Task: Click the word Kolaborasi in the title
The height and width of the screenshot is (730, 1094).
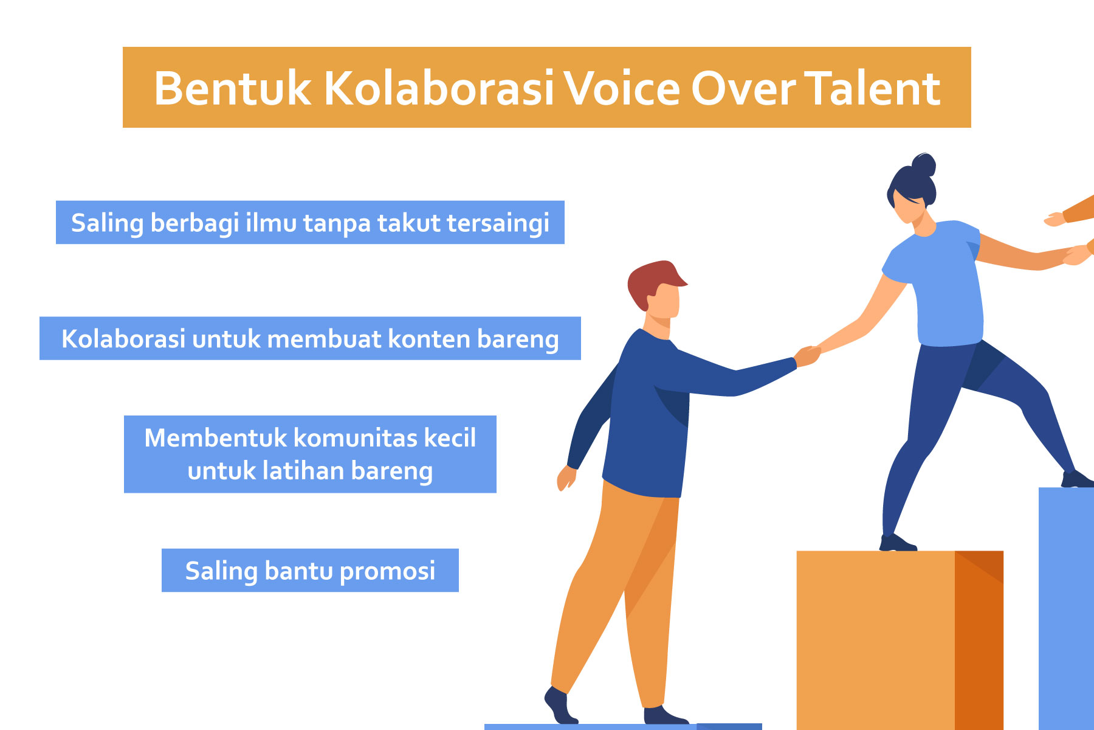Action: tap(439, 89)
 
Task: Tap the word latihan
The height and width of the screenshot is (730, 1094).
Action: tap(303, 471)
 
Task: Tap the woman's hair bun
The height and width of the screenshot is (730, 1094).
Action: tap(923, 164)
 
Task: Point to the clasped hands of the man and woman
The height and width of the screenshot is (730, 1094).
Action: tap(808, 355)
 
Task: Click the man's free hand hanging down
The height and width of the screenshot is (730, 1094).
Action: tap(566, 478)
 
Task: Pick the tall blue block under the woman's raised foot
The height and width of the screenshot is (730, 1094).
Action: tap(1066, 608)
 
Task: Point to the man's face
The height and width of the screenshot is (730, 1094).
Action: tap(664, 302)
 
